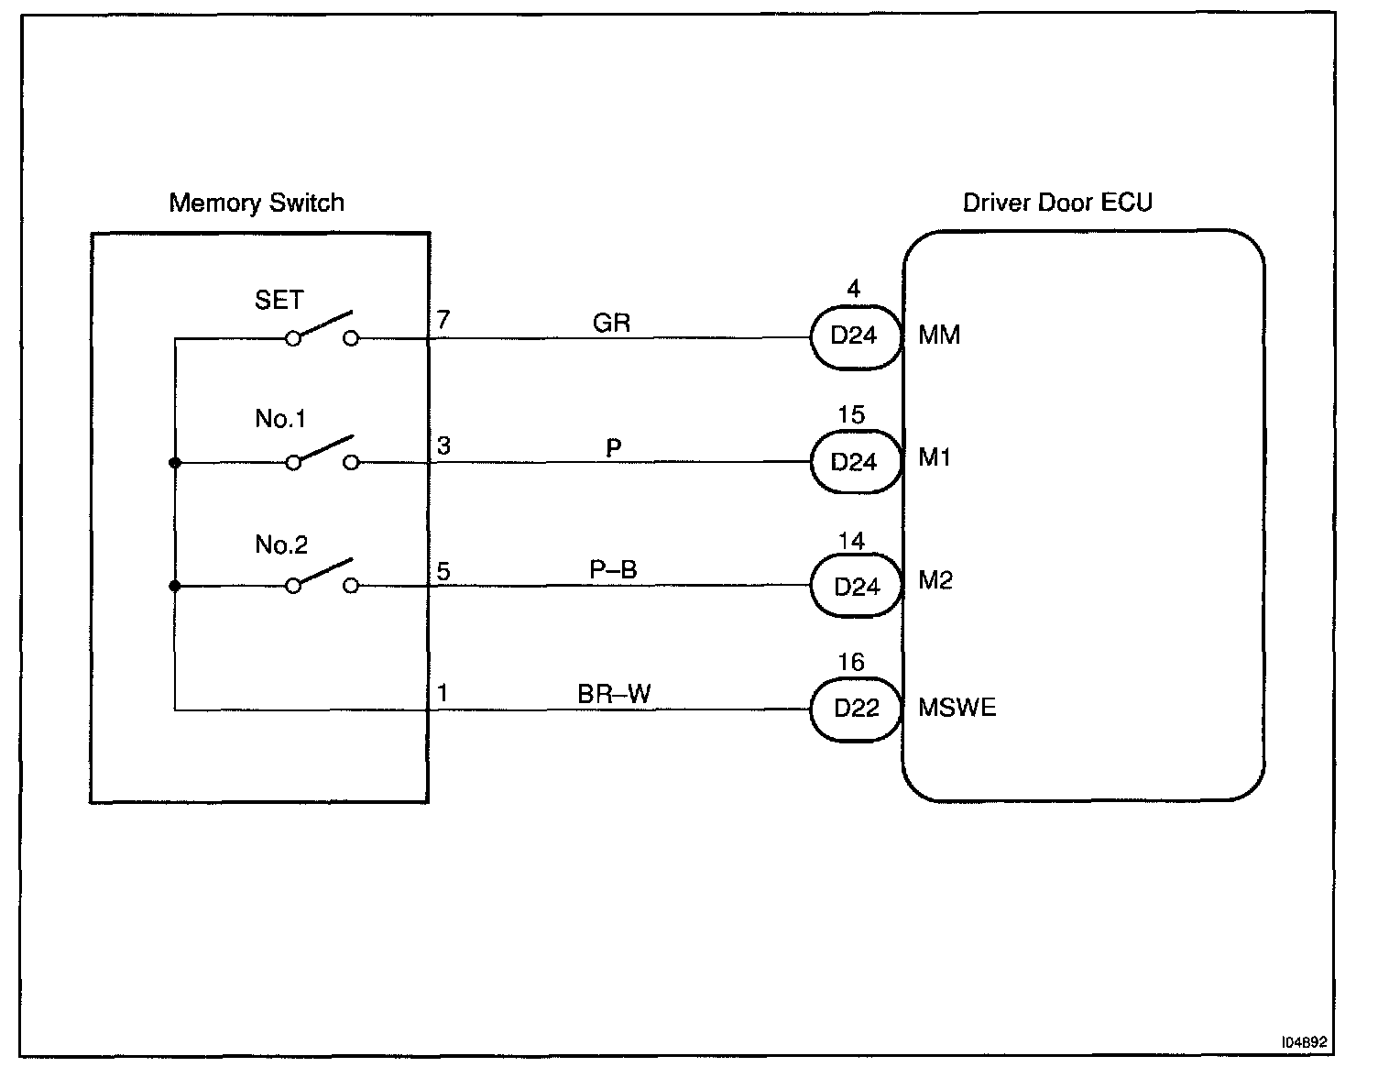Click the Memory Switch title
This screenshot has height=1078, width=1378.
point(257,203)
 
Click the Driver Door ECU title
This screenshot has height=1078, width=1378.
point(1057,203)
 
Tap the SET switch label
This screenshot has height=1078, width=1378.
point(279,301)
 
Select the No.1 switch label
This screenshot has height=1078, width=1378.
point(280,419)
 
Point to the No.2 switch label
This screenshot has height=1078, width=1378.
point(281,545)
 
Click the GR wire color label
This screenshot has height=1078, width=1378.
point(611,323)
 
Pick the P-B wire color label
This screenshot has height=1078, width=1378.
point(613,570)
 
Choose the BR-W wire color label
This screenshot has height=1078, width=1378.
point(614,694)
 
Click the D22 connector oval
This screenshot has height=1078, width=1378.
point(857,709)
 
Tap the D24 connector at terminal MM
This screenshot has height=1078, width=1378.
point(854,336)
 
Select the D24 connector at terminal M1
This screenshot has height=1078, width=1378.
point(854,462)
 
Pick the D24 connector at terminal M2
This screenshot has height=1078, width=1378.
point(857,587)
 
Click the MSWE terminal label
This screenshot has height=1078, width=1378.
point(957,708)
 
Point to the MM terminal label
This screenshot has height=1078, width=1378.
point(939,335)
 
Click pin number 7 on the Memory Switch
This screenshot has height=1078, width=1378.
point(443,320)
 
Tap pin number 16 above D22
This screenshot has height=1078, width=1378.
point(851,663)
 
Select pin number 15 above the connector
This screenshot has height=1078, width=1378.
point(851,415)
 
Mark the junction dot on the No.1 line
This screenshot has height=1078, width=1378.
point(175,463)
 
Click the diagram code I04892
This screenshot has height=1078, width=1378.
point(1305,1042)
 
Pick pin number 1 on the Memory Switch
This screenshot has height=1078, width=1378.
point(443,693)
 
